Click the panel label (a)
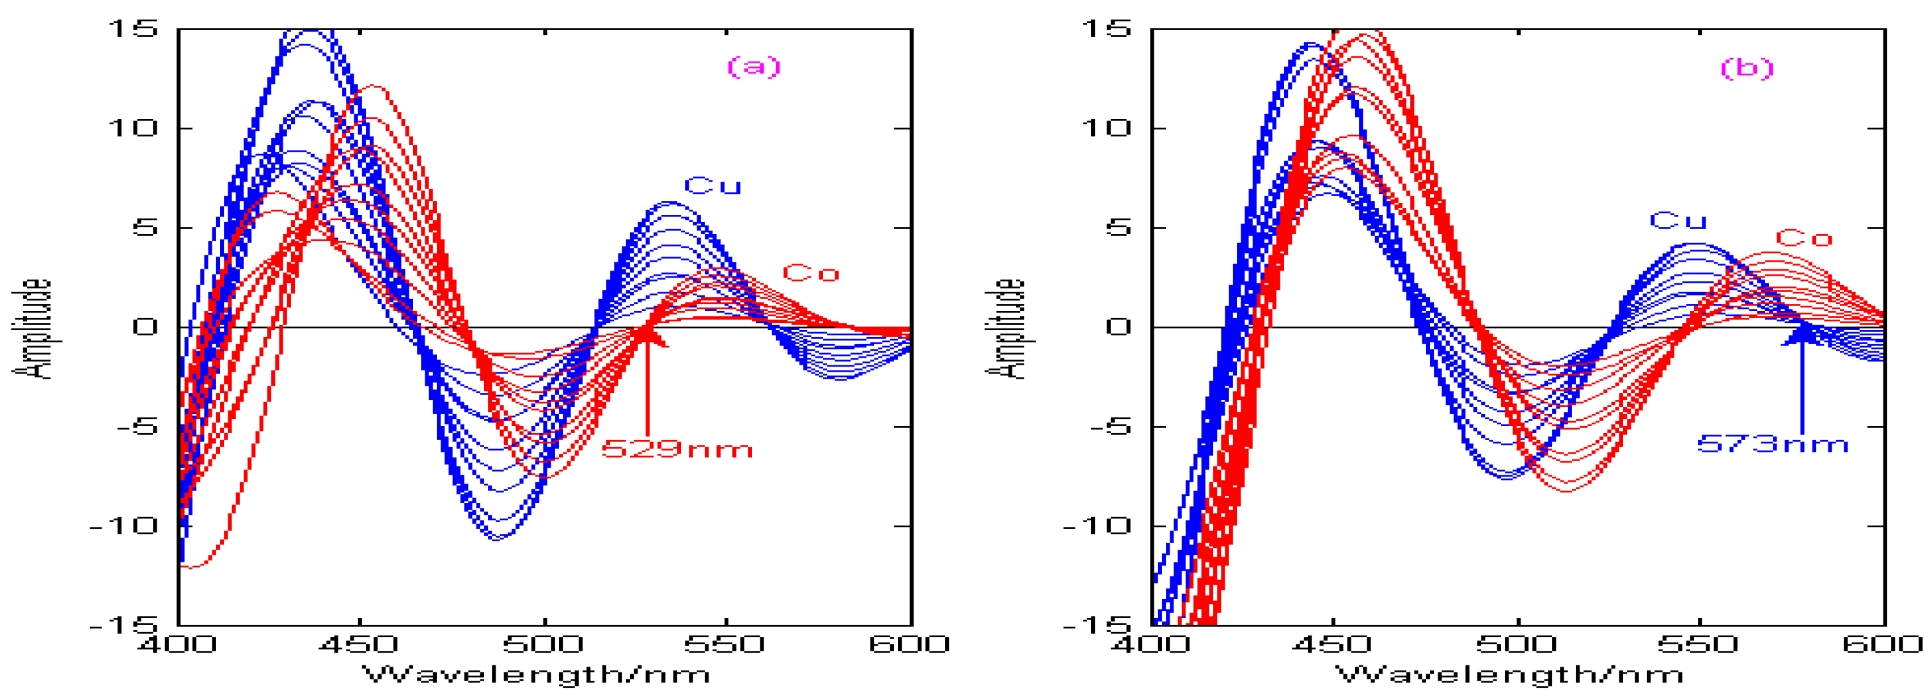pyautogui.click(x=754, y=67)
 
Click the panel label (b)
pyautogui.click(x=1747, y=68)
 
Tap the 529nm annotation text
pyautogui.click(x=677, y=450)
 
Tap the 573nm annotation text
pyautogui.click(x=1772, y=444)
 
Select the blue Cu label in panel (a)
pyautogui.click(x=712, y=186)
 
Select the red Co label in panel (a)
pyautogui.click(x=811, y=273)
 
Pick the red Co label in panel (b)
pyautogui.click(x=1803, y=239)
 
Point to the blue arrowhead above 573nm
pyautogui.click(x=1802, y=335)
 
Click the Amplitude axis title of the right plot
pyautogui.click(x=1005, y=328)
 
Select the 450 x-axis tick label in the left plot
pyautogui.click(x=361, y=644)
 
